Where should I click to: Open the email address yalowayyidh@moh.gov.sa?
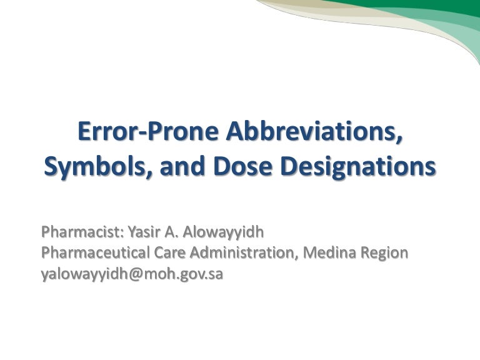[x=132, y=274]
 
